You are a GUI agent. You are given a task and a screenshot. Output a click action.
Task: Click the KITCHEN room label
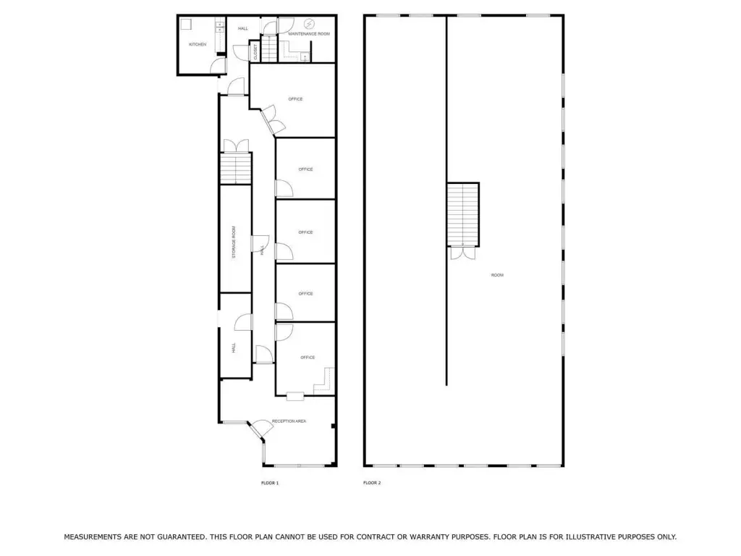point(198,44)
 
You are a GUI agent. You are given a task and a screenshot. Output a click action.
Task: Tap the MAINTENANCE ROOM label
point(309,34)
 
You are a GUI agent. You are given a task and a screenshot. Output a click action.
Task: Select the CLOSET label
point(255,51)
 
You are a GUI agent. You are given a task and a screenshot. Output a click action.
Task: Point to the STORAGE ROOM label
point(234,242)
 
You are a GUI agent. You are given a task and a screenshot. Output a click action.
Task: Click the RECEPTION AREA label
point(289,421)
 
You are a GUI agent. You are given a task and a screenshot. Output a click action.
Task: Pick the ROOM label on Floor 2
point(497,275)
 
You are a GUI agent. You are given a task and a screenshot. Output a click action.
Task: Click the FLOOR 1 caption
point(270,483)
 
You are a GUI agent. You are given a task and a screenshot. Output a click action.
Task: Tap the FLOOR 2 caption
point(372,483)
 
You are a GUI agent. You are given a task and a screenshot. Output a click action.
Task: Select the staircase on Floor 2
point(463,214)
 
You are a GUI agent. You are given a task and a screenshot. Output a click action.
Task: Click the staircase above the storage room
point(236,168)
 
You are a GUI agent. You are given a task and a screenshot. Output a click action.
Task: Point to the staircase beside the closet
point(269,48)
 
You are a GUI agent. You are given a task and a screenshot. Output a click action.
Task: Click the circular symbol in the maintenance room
point(308,23)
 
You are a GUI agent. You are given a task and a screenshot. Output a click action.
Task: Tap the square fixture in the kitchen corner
point(186,24)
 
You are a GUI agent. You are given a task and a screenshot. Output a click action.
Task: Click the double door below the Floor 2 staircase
point(462,253)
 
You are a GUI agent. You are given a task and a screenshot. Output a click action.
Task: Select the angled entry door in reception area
point(260,429)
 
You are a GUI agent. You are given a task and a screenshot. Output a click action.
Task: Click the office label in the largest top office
point(295,98)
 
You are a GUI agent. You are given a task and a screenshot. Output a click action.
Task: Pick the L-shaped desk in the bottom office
point(325,381)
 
